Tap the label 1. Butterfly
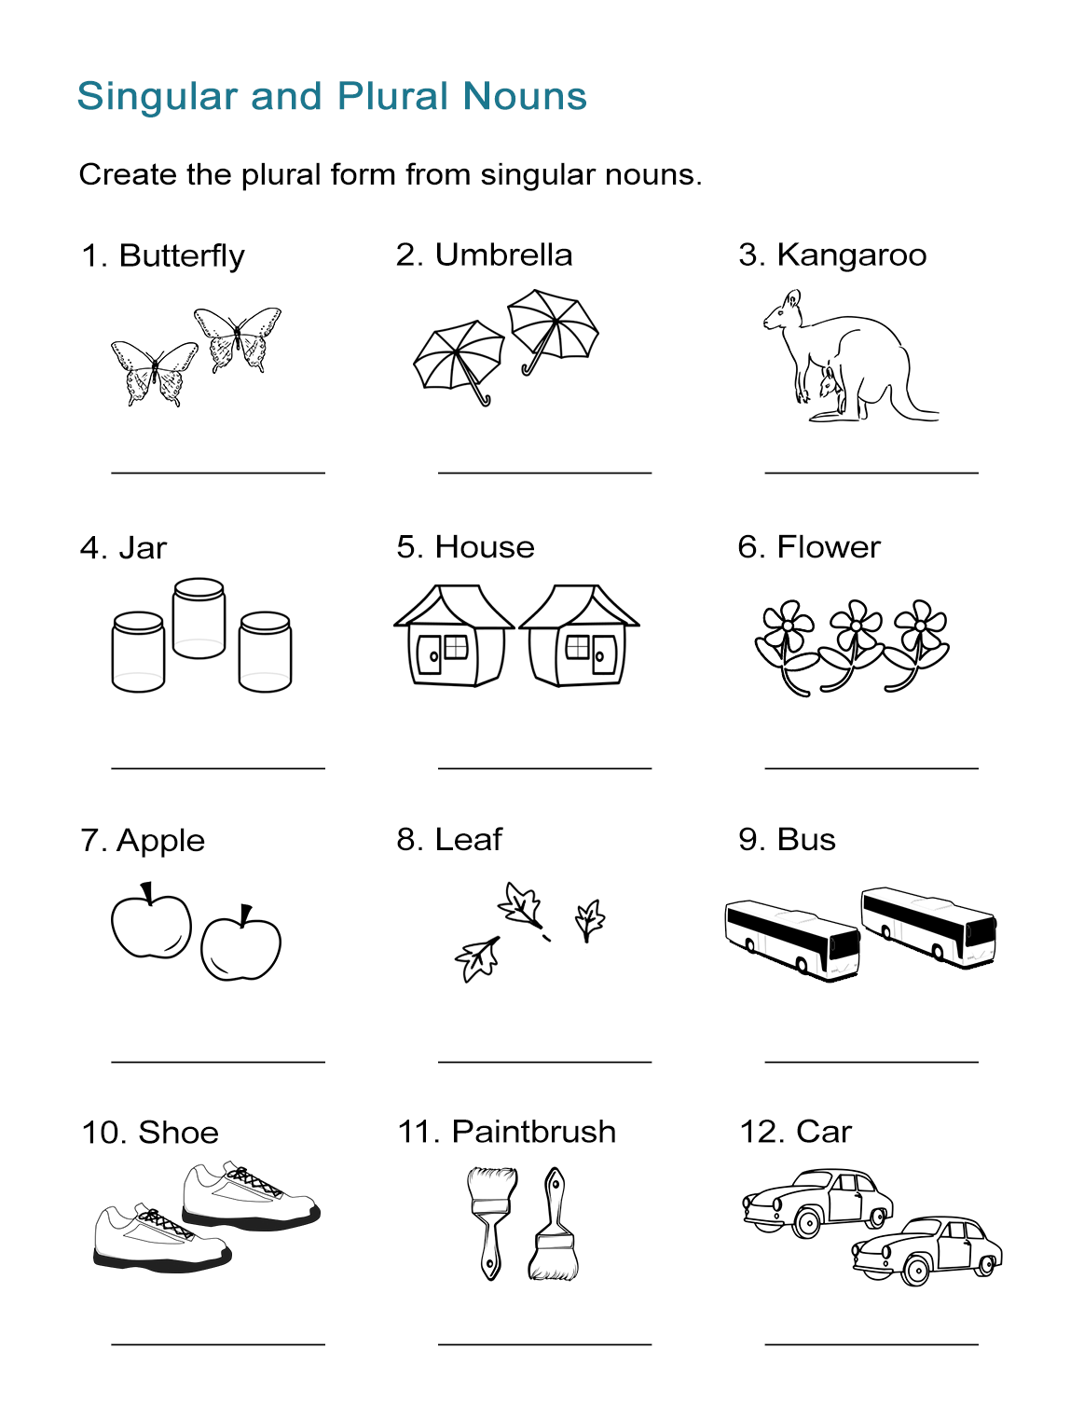point(163,255)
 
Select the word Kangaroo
point(851,254)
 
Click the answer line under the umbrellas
point(544,473)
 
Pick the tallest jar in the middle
point(199,618)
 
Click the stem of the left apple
point(146,893)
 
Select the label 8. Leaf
point(449,840)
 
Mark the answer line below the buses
point(871,1062)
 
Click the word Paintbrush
point(533,1132)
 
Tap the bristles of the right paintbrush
point(554,1263)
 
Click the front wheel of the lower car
point(916,1271)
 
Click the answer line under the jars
point(218,768)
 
